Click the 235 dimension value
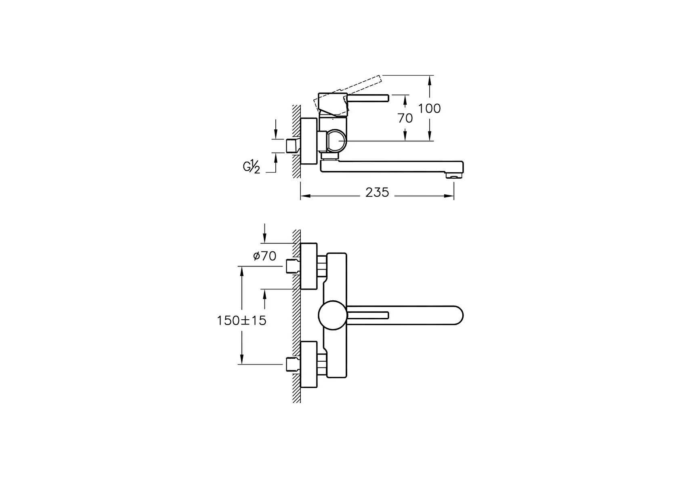(377, 192)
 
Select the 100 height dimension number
(429, 109)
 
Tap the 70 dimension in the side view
(405, 118)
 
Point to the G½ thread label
(252, 167)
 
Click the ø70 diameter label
(264, 256)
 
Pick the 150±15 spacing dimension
(241, 321)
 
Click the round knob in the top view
(333, 316)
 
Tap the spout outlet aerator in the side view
(454, 176)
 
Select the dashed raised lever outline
(348, 92)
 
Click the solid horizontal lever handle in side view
(368, 98)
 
